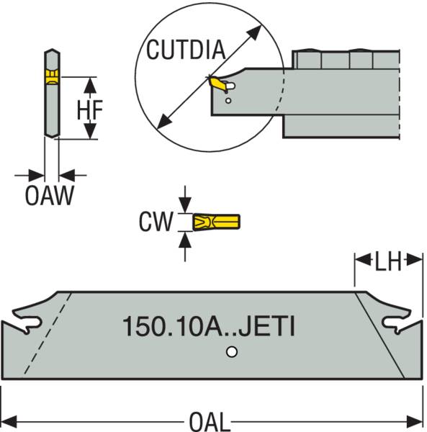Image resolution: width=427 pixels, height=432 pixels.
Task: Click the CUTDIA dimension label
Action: click(x=186, y=50)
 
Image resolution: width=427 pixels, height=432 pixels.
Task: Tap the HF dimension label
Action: click(x=90, y=109)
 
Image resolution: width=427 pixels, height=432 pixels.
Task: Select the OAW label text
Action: click(x=50, y=196)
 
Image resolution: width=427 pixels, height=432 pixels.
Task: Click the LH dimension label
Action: click(x=387, y=262)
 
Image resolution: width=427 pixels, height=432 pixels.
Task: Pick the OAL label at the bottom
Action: click(x=213, y=420)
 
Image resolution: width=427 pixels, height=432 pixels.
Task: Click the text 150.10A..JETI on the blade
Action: click(x=208, y=327)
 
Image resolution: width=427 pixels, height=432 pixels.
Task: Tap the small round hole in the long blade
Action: click(x=230, y=352)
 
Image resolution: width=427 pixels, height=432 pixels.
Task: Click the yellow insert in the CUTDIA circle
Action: click(x=216, y=85)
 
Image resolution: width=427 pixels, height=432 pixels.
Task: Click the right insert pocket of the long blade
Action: click(x=399, y=325)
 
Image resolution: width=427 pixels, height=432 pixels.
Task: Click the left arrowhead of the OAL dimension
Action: click(x=9, y=420)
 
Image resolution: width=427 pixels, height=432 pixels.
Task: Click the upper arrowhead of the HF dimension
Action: click(x=89, y=83)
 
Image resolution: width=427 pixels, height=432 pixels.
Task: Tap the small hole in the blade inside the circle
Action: click(x=228, y=102)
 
